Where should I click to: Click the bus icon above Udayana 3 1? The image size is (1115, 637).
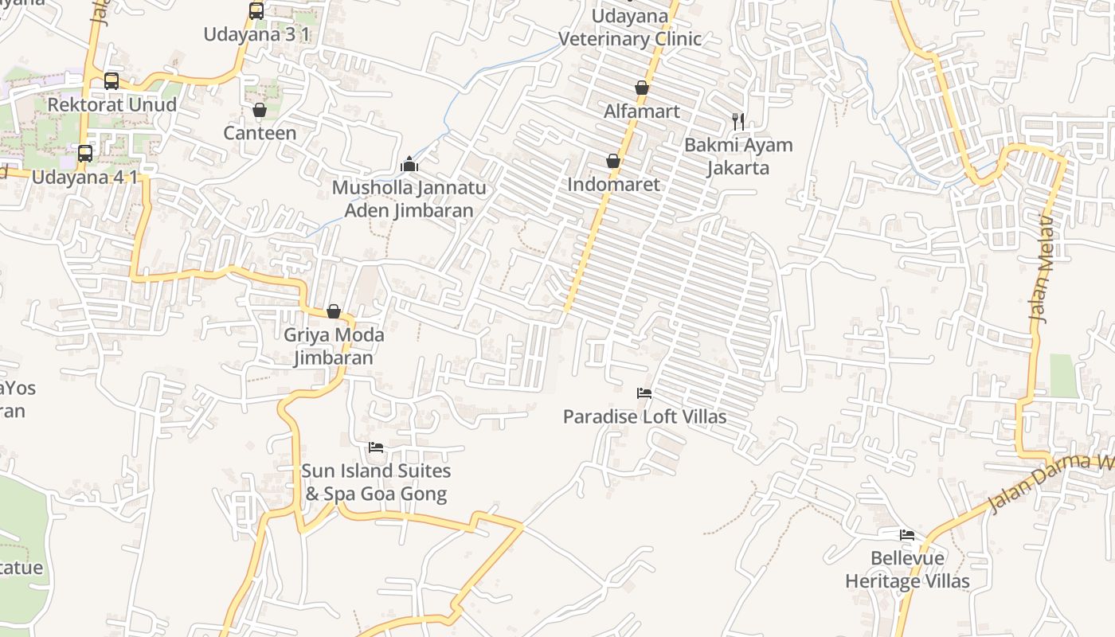(x=256, y=11)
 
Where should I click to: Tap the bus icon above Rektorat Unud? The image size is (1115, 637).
(x=111, y=81)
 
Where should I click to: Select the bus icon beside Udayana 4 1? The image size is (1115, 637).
(x=84, y=154)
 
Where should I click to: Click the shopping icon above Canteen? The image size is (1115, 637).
(x=259, y=110)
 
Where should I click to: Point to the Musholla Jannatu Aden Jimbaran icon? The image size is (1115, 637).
(x=409, y=164)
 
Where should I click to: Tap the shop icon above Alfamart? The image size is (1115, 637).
(x=642, y=88)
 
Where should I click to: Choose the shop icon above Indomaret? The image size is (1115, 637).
(x=613, y=162)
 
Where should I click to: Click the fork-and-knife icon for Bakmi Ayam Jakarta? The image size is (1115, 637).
(x=738, y=122)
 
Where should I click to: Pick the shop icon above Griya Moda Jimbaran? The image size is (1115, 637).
(x=334, y=311)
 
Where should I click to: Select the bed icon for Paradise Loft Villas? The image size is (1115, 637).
(x=644, y=393)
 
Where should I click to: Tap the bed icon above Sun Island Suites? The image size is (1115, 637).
(x=376, y=447)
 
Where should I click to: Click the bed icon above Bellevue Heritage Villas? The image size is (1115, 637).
(x=907, y=535)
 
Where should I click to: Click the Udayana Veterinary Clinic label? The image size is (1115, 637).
(x=630, y=28)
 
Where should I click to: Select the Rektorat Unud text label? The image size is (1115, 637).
(x=111, y=104)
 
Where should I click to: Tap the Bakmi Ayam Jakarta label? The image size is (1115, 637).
(x=738, y=156)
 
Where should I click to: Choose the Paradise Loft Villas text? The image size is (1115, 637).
(x=644, y=416)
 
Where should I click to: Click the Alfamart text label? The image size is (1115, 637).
(x=642, y=111)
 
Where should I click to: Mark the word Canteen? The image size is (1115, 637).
(x=260, y=133)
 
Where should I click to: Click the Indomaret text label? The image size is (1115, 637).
(x=613, y=185)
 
